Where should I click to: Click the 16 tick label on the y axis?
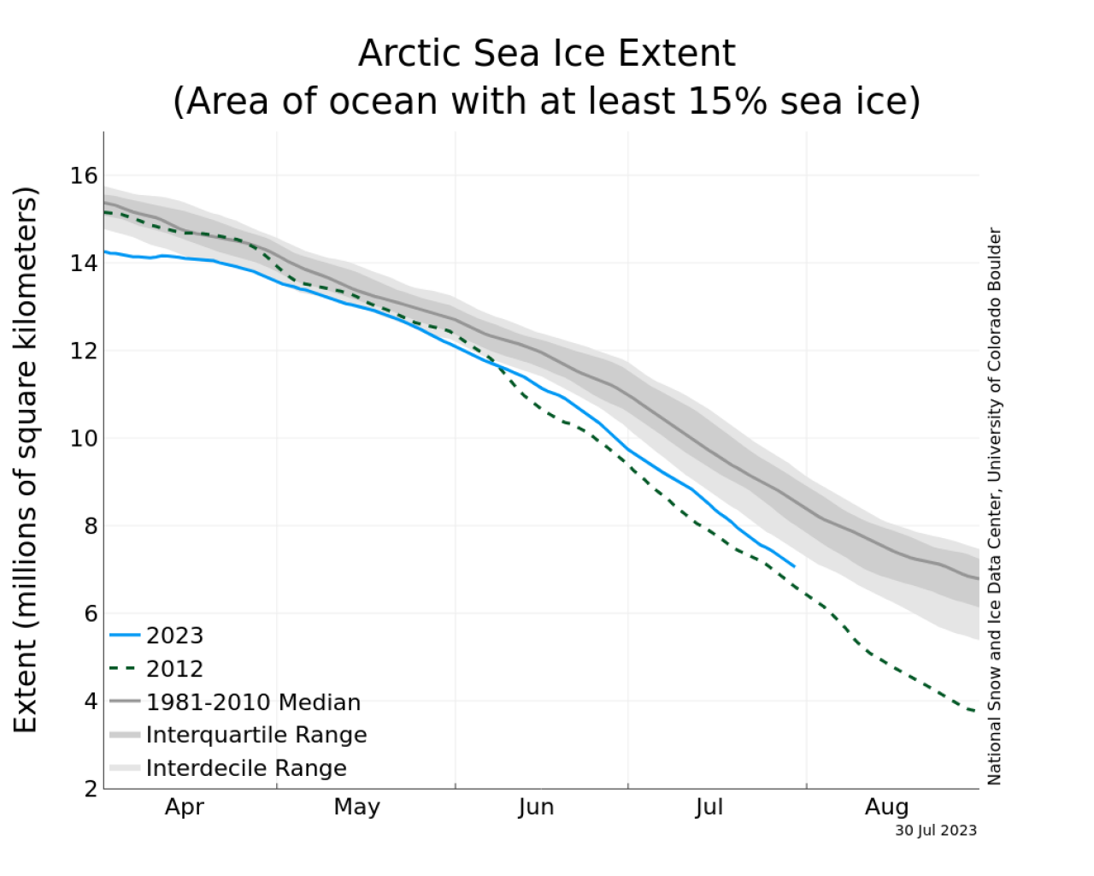(x=84, y=176)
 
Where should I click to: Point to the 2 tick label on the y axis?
(x=91, y=789)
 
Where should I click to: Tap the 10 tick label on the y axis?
(x=84, y=439)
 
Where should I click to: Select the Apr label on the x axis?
(x=185, y=807)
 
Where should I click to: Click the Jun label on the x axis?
(x=536, y=807)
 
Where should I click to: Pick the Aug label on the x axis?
(x=886, y=807)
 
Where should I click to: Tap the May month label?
(x=357, y=807)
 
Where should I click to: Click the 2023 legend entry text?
(x=174, y=636)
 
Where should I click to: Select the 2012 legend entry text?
(x=174, y=669)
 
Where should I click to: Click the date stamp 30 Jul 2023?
(x=936, y=831)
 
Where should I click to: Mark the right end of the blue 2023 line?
(x=794, y=566)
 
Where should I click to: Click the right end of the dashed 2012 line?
(x=977, y=712)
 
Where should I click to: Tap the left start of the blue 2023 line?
(x=105, y=252)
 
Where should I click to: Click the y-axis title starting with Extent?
(x=26, y=459)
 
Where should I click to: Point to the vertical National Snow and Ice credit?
(x=994, y=506)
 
